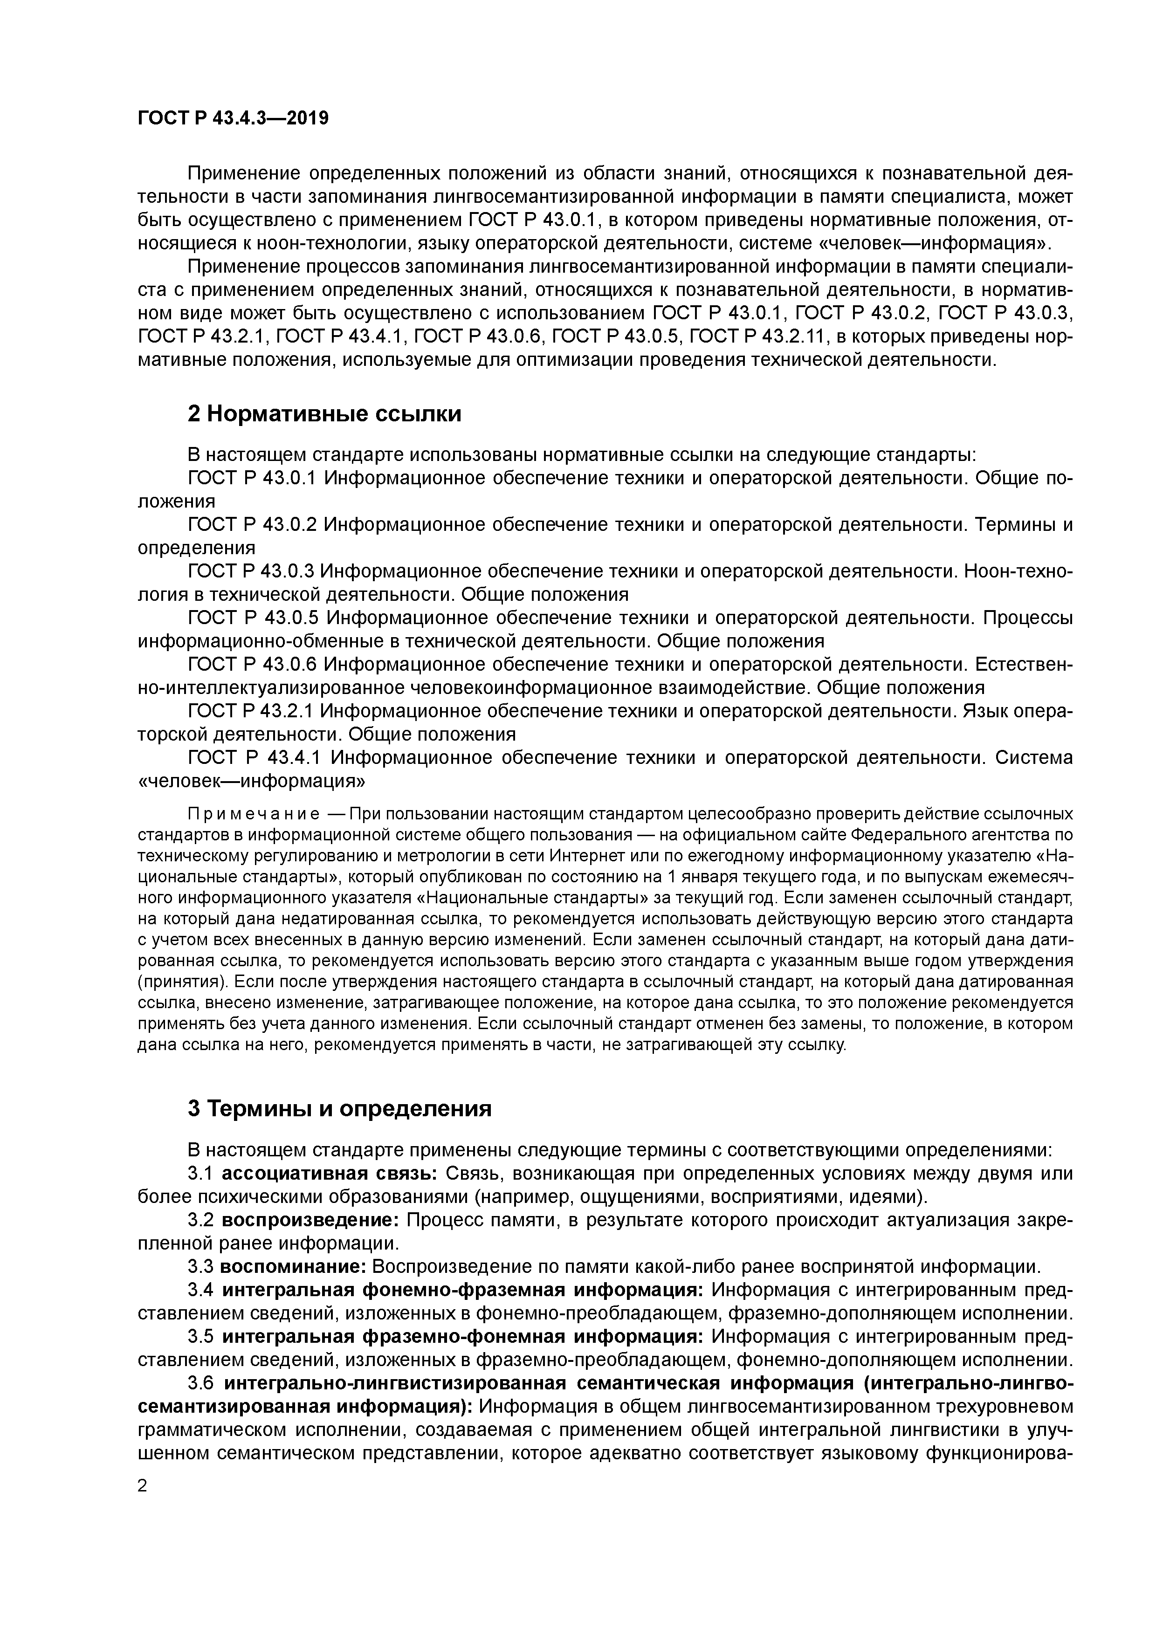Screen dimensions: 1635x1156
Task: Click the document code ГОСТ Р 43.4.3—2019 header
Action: [233, 118]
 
